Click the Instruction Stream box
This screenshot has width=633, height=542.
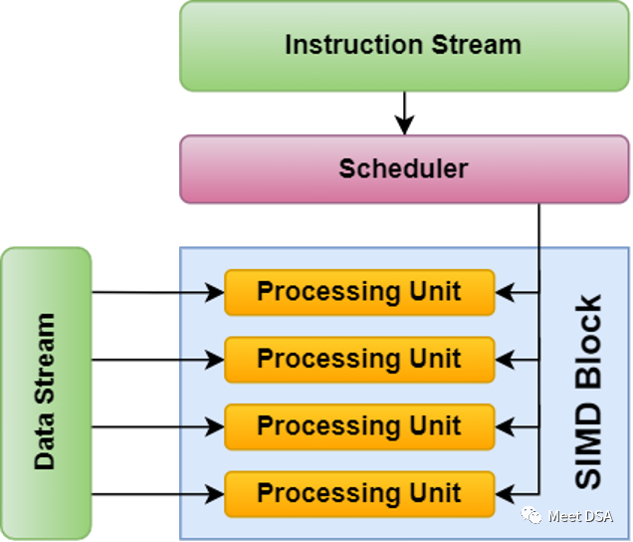(x=403, y=46)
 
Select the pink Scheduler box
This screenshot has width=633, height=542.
(x=403, y=168)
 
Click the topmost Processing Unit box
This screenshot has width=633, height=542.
(x=359, y=292)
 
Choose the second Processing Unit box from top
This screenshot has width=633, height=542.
(x=359, y=359)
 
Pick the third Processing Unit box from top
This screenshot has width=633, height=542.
(x=359, y=426)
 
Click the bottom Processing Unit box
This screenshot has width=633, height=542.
(x=359, y=493)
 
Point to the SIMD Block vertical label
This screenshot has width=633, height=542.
(x=589, y=392)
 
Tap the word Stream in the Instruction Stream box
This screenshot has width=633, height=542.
(x=476, y=46)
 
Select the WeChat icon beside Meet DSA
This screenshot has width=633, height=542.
(x=535, y=516)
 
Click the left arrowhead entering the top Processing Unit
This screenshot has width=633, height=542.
(x=216, y=293)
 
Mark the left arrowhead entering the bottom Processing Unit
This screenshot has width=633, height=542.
(x=216, y=494)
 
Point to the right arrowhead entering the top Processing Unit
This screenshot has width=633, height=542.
(x=504, y=293)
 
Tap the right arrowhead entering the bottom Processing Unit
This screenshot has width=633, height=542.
(x=504, y=494)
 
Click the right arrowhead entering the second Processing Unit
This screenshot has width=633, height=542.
(x=504, y=360)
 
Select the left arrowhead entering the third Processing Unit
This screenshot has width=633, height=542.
(x=216, y=427)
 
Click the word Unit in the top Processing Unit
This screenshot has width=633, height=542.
(x=435, y=292)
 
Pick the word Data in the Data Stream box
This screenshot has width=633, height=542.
(x=45, y=447)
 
